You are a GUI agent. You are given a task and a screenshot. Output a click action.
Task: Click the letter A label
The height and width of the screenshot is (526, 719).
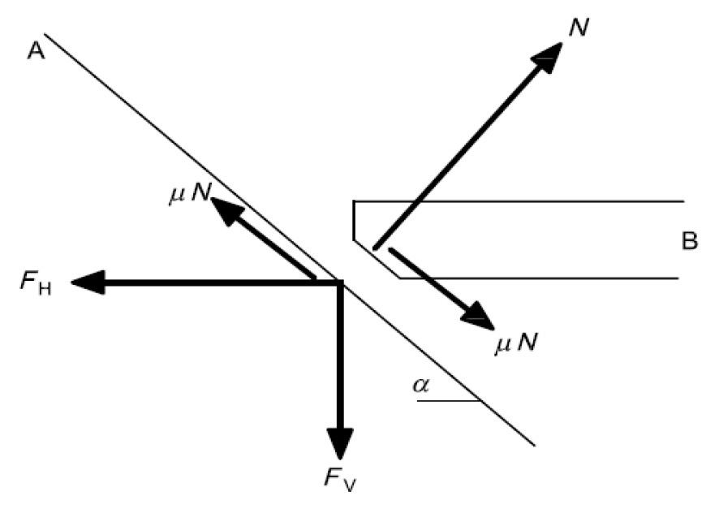37,50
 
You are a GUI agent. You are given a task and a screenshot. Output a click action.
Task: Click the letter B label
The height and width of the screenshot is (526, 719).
690,241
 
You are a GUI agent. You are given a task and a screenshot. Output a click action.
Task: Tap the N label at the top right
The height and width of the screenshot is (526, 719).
579,28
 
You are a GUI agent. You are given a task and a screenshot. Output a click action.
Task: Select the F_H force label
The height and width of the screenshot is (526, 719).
36,282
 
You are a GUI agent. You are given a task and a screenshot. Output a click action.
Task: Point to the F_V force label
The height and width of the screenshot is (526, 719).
340,479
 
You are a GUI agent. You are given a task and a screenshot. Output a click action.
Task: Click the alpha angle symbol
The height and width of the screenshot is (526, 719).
421,386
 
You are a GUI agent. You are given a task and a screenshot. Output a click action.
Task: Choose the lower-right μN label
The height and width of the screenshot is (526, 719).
516,342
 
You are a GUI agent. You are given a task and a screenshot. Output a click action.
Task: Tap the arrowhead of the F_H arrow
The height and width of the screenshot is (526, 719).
88,282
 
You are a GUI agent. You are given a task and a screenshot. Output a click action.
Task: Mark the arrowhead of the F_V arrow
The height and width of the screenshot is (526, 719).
340,443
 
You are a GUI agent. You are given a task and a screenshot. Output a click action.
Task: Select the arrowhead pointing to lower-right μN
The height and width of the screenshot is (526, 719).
477,317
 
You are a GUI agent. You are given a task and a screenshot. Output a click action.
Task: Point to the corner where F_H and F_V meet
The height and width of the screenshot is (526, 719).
340,282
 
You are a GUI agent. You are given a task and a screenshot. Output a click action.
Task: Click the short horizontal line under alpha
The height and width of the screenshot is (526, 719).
449,401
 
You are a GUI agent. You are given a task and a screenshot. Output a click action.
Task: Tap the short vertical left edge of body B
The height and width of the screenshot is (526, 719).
354,221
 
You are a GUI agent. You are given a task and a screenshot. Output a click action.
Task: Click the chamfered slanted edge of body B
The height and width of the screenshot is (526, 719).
377,259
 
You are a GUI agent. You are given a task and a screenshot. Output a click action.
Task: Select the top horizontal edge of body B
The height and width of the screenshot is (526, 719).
519,201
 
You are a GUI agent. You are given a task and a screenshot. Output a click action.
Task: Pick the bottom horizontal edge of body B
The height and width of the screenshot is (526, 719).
539,278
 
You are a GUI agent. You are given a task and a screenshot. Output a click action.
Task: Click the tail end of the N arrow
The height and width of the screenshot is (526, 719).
376,248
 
